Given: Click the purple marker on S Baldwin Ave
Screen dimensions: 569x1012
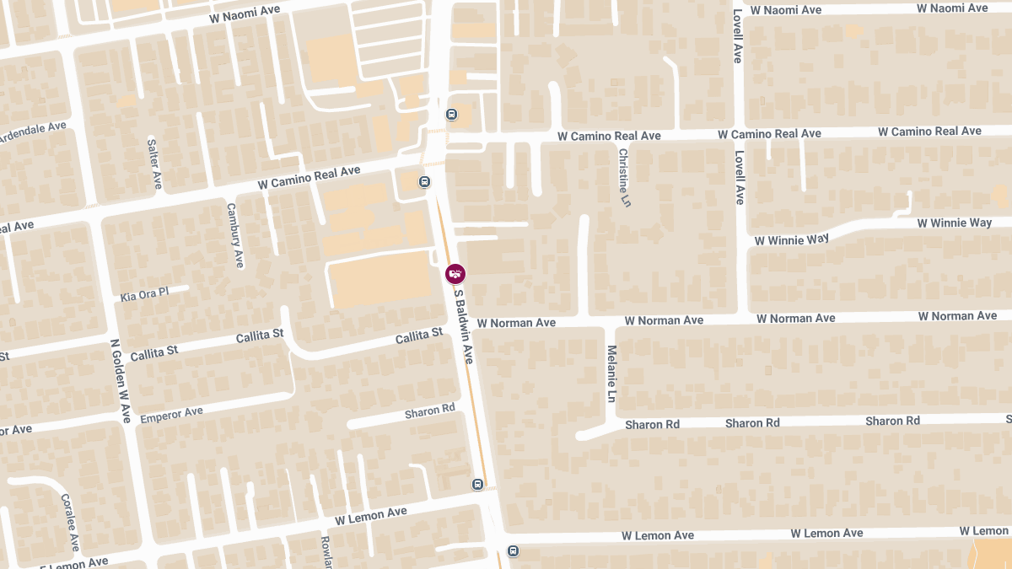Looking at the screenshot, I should (x=455, y=274).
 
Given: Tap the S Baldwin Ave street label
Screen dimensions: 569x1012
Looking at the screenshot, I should (x=464, y=327).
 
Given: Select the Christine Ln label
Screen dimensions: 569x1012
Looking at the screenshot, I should (x=624, y=178).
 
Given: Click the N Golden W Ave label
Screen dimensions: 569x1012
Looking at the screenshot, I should (x=121, y=381).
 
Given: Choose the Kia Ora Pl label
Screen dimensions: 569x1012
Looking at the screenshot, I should (x=144, y=294).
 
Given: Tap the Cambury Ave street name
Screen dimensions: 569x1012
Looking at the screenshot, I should (x=234, y=235).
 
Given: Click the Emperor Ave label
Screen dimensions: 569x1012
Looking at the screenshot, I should (x=172, y=414).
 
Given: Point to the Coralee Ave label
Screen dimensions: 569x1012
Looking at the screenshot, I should (x=69, y=522).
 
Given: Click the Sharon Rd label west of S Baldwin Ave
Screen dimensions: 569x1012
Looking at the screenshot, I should (x=429, y=411).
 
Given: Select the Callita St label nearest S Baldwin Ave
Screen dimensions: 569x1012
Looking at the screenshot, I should (x=419, y=335).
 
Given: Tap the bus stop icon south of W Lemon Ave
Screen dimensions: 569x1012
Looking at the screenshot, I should (x=513, y=551).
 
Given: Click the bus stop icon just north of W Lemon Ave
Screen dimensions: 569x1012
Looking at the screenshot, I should (x=477, y=485).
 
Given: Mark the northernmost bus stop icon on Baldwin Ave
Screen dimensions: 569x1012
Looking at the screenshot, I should (x=452, y=115).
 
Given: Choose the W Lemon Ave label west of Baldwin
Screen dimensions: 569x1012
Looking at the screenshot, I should (x=370, y=515).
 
